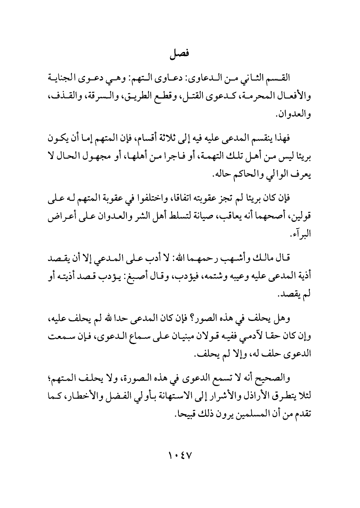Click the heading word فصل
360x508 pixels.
pos(180,53)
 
